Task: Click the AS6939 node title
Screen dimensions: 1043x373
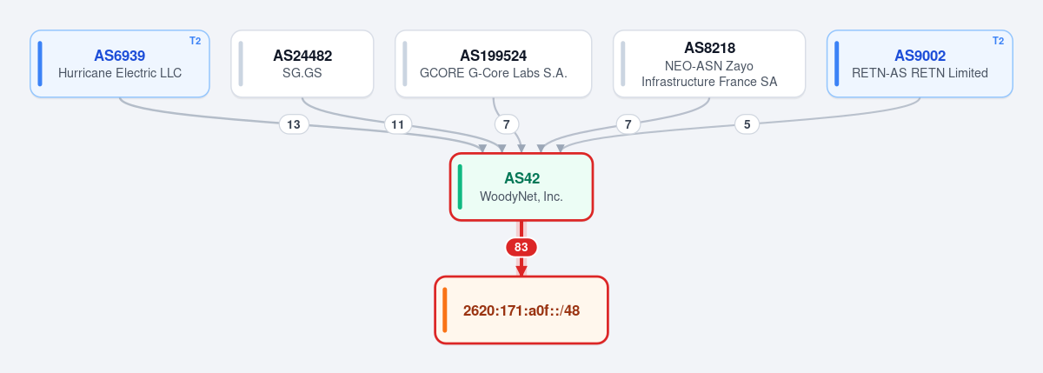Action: point(120,56)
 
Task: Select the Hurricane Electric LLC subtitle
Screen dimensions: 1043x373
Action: point(120,73)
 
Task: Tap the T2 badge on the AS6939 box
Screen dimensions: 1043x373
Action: point(195,41)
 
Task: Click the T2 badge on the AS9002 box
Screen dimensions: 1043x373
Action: point(999,41)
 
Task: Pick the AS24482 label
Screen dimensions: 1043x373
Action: point(302,56)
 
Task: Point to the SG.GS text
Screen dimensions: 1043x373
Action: point(302,73)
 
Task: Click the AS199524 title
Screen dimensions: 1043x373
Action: point(493,56)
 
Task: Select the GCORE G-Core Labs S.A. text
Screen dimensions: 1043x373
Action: point(493,73)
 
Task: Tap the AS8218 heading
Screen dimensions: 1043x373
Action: point(709,48)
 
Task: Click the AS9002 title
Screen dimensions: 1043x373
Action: point(920,56)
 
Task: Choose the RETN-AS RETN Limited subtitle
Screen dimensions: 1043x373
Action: point(920,73)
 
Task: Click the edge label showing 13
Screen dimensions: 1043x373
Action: point(294,125)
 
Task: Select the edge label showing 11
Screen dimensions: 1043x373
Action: point(398,125)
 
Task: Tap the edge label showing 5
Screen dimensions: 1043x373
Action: point(747,125)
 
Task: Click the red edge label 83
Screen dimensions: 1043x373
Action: point(521,247)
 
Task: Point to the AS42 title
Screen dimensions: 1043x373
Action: point(522,178)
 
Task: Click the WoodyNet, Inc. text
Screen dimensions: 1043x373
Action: point(521,196)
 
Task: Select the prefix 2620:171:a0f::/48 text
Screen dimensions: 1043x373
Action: point(521,310)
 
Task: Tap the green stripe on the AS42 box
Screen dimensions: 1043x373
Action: point(460,187)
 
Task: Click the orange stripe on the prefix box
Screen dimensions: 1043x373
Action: point(445,310)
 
